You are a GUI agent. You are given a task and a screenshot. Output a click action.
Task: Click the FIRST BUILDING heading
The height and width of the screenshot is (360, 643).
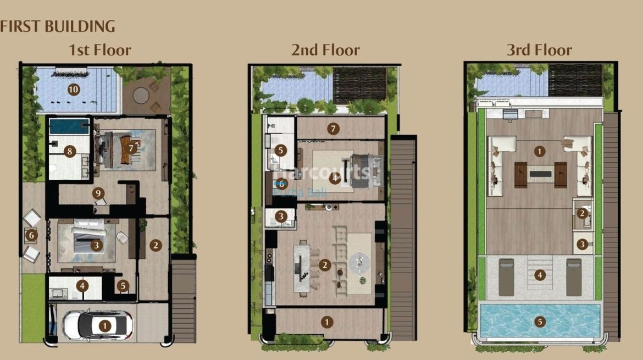(x=58, y=26)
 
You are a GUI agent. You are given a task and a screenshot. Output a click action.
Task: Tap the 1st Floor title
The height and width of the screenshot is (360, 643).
(x=99, y=51)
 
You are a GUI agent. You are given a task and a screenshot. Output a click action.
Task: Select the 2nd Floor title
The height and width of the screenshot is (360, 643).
(x=325, y=51)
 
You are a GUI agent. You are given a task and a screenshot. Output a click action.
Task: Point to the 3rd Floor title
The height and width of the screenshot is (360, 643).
(x=539, y=51)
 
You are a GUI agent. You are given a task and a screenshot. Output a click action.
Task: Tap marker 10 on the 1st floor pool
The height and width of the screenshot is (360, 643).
(x=73, y=89)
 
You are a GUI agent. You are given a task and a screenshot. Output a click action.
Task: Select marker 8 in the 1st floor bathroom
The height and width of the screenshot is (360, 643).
(x=69, y=151)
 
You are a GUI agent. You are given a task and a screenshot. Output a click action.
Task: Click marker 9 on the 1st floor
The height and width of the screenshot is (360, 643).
(x=98, y=193)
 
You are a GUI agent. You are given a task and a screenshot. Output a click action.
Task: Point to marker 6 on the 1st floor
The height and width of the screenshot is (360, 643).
(x=31, y=235)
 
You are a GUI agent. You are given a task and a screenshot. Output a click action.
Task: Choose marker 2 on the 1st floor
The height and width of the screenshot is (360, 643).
(x=156, y=245)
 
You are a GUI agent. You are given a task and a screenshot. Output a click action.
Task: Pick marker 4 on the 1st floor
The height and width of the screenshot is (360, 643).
(x=82, y=286)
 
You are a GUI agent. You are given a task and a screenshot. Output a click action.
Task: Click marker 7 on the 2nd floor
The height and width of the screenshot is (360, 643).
(x=332, y=129)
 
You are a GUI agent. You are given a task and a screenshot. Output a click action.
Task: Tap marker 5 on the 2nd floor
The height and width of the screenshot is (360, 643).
(x=280, y=149)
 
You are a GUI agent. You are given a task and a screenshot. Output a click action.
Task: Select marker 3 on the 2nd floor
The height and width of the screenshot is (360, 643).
(x=280, y=217)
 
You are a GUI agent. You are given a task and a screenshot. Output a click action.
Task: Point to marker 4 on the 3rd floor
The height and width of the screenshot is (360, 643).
(x=540, y=274)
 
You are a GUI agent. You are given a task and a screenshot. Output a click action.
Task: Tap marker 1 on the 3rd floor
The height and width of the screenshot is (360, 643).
(x=540, y=150)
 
